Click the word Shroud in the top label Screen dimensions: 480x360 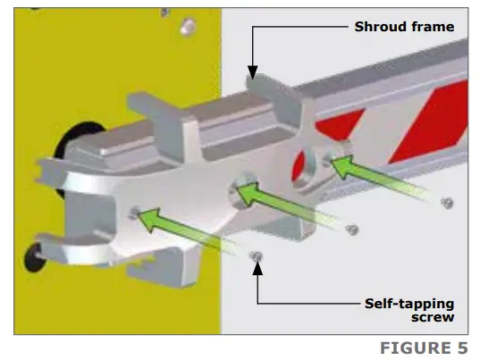click(x=380, y=27)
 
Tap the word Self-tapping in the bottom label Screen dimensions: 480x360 click(x=409, y=305)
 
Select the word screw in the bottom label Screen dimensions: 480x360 click(x=433, y=317)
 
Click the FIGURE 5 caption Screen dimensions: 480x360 click(x=424, y=348)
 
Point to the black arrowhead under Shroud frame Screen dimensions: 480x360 click(x=253, y=72)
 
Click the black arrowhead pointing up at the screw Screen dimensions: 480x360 click(x=257, y=269)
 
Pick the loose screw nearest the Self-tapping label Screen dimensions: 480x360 click(x=257, y=256)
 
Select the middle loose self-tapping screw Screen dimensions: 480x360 click(x=352, y=230)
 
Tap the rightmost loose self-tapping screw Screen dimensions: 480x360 click(x=447, y=203)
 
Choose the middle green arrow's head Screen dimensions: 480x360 click(x=248, y=193)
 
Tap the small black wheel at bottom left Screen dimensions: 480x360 click(x=35, y=257)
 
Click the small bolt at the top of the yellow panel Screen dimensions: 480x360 click(x=188, y=27)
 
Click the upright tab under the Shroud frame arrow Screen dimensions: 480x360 click(x=275, y=99)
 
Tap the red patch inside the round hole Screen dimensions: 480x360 click(x=299, y=168)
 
